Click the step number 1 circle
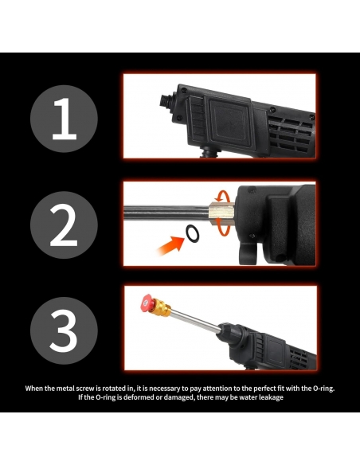tap(64, 119)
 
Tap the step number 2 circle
tap(64, 225)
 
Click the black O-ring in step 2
tap(193, 234)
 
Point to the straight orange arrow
tap(170, 245)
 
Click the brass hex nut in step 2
tap(221, 212)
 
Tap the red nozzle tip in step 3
tap(147, 303)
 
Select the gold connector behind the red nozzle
tap(162, 307)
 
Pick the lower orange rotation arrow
tap(222, 230)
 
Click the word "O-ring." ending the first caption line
tap(324, 389)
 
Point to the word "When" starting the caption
tap(34, 389)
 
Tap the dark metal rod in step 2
tap(166, 212)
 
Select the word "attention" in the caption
tap(216, 389)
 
